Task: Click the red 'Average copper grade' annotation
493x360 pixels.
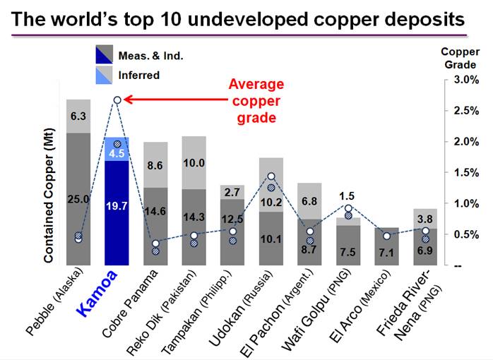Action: click(x=251, y=100)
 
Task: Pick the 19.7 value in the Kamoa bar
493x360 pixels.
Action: click(x=117, y=205)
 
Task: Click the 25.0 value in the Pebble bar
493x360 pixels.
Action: click(x=78, y=200)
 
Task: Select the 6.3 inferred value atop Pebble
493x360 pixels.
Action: click(x=78, y=116)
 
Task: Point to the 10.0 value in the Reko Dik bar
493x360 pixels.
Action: click(x=193, y=163)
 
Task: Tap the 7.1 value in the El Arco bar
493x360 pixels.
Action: click(x=386, y=253)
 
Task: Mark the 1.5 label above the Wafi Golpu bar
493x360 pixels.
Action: click(x=347, y=196)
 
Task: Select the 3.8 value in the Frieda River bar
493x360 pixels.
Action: click(x=424, y=218)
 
